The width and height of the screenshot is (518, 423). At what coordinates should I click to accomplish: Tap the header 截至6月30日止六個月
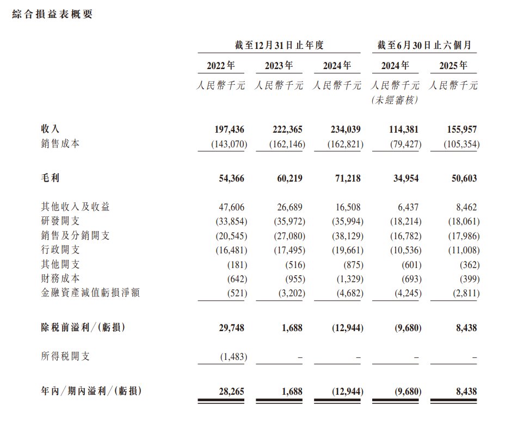[x=424, y=46]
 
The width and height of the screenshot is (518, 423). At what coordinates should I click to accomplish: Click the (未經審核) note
[x=396, y=101]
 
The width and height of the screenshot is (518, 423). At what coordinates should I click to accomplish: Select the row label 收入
[x=50, y=129]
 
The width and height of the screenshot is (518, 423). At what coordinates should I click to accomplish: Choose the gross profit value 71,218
[x=346, y=178]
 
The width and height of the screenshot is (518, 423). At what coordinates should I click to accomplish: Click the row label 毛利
[x=50, y=178]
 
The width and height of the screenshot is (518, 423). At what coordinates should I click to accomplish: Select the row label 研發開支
[x=60, y=222]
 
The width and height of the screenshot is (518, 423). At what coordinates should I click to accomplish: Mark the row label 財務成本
[x=60, y=278]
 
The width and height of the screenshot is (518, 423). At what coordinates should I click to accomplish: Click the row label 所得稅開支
[x=65, y=356]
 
